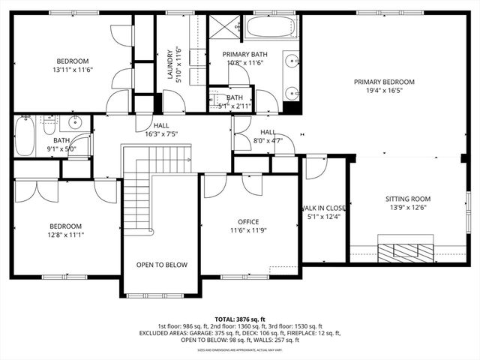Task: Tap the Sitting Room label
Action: (408, 199)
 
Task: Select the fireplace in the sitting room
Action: (405, 250)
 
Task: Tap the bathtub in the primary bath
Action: (271, 28)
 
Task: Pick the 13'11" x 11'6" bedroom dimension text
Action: (72, 70)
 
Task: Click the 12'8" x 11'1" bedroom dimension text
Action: (66, 235)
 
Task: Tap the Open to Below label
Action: (162, 265)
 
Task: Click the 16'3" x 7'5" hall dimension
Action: (161, 134)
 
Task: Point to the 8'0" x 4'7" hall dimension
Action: (268, 140)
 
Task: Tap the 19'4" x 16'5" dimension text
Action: (384, 91)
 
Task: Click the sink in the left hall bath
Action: (75, 122)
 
